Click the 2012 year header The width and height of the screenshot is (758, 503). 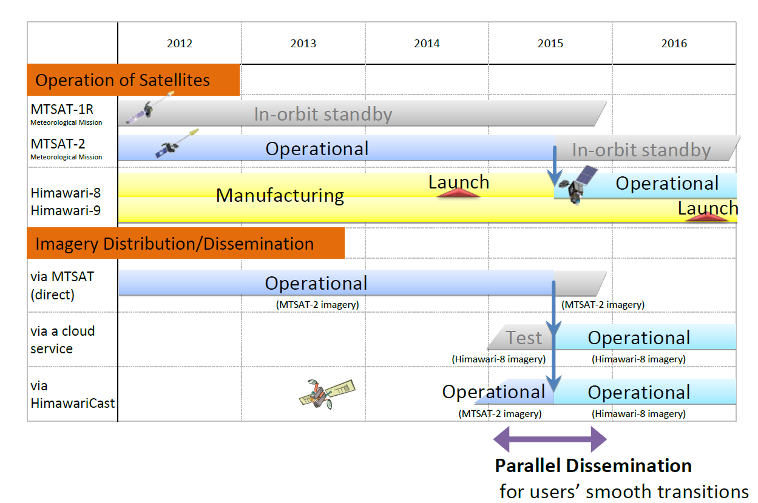coord(180,43)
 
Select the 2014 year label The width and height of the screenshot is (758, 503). coord(427,43)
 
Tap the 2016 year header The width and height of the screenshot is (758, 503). coord(674,43)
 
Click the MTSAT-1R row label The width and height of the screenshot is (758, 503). coord(62,110)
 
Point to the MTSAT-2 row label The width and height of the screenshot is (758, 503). coord(58,144)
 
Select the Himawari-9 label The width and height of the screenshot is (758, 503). coord(66,210)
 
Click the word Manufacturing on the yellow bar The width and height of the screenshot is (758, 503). coord(280,196)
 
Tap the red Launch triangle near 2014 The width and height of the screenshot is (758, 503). coord(459,193)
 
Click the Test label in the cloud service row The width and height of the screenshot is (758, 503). coord(524,338)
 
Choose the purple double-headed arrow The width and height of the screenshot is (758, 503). coord(550,439)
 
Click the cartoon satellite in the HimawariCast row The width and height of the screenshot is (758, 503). coord(327,394)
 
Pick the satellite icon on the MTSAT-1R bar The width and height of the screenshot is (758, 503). coord(149,107)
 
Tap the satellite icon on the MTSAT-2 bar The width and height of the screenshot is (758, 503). coord(177,143)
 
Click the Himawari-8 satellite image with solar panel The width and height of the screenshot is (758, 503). coord(578,184)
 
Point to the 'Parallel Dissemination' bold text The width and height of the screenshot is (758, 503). coord(593,466)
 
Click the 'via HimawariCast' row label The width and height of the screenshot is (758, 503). coord(72,395)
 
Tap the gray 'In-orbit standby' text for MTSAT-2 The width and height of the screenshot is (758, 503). coord(641,150)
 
